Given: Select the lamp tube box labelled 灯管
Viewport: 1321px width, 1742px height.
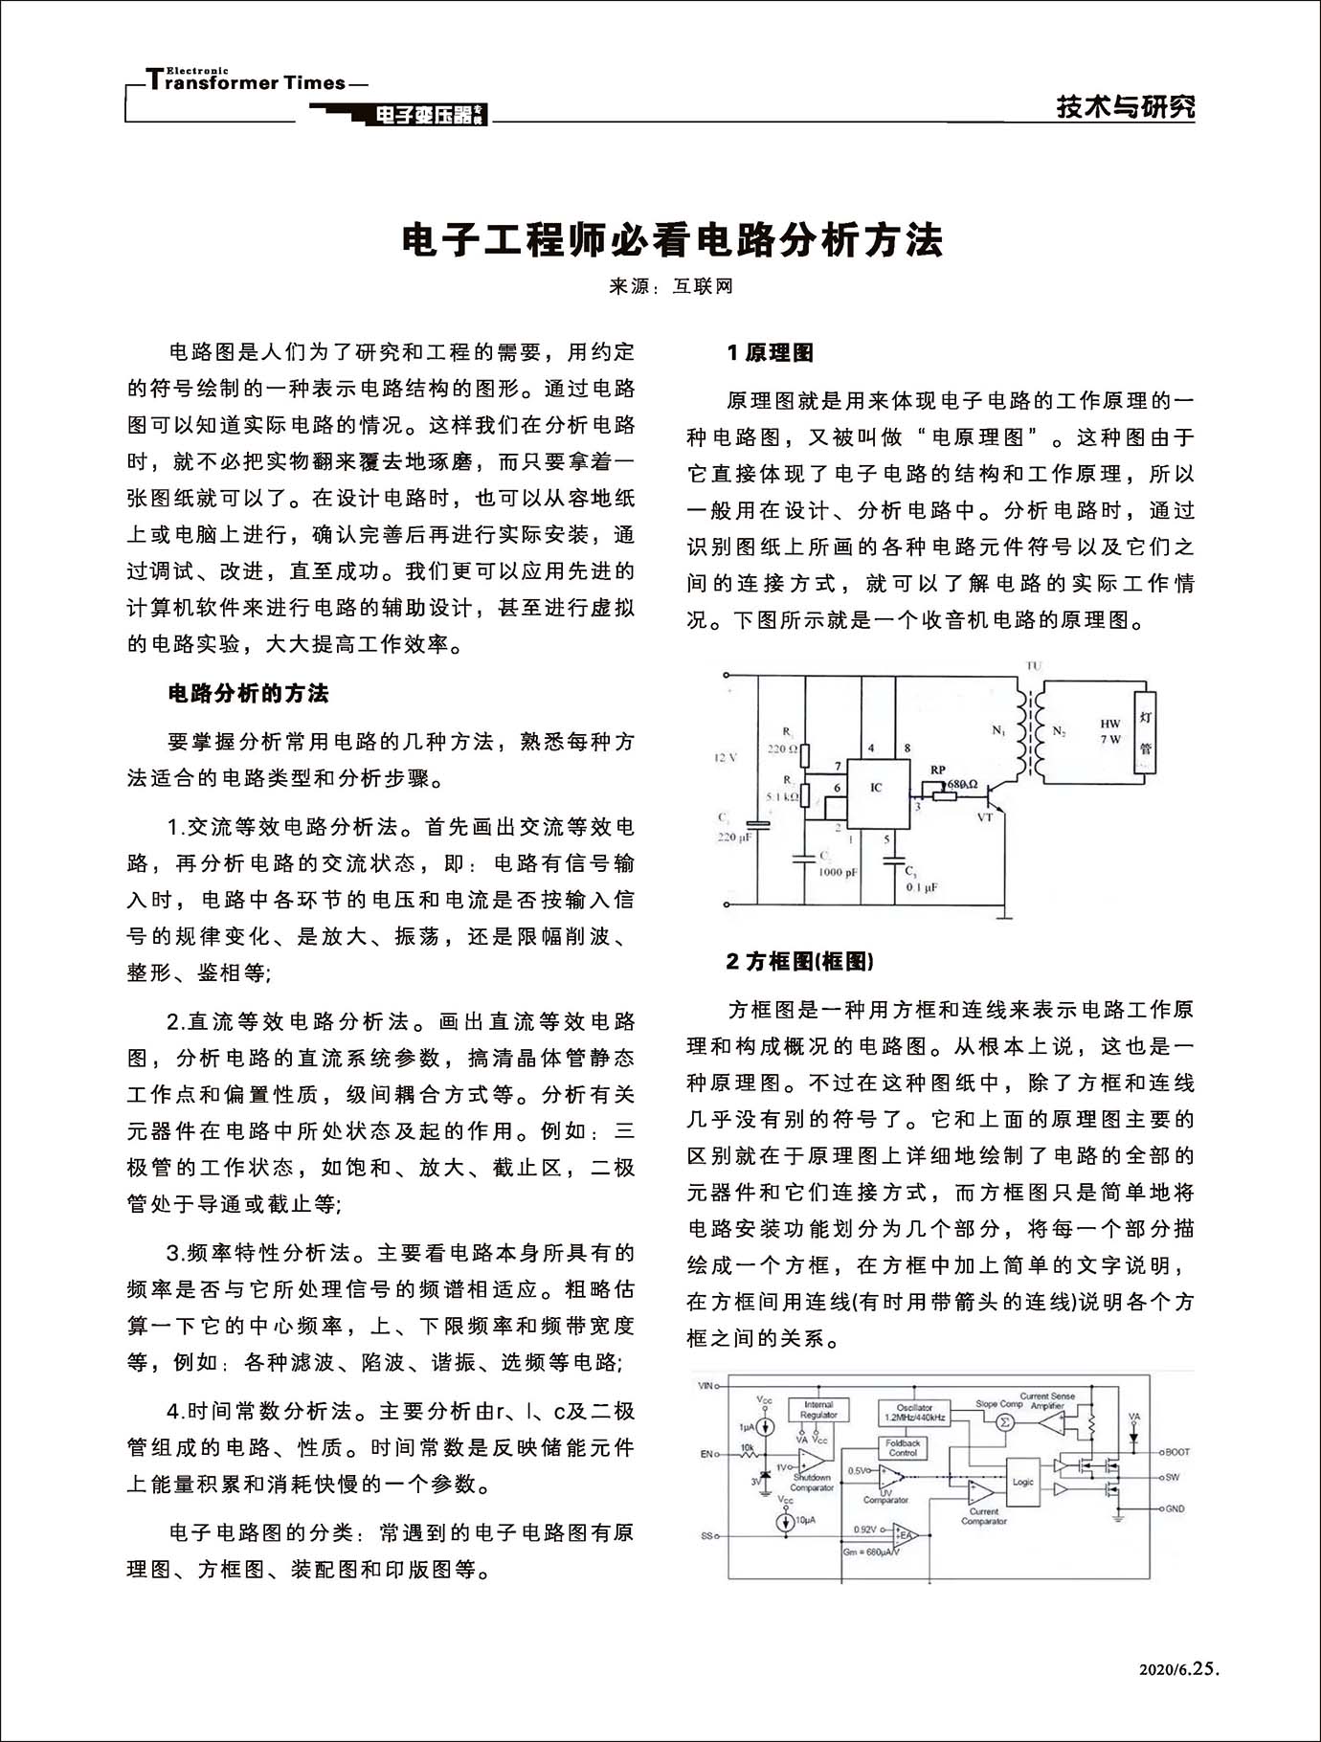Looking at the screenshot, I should pos(1145,731).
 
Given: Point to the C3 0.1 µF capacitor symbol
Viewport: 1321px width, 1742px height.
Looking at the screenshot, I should pos(894,865).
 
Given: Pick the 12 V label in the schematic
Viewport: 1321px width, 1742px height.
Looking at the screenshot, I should pos(726,758).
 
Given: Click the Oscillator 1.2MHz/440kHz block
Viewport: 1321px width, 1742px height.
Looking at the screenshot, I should pos(915,1412).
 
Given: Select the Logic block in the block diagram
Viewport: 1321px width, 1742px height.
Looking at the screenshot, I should pos(1023,1483).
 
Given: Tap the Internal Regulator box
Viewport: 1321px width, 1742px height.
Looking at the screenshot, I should pos(818,1410).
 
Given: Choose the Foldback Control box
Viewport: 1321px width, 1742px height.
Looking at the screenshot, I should pos(903,1447).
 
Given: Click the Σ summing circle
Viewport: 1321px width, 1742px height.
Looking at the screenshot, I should pos(1005,1422).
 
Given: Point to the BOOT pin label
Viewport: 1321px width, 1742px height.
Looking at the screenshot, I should pos(1176,1452).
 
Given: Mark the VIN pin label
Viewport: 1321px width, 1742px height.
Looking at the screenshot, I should pos(707,1385).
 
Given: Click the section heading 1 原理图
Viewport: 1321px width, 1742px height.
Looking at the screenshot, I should pos(770,353).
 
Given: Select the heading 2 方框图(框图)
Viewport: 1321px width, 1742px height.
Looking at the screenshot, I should pos(799,961).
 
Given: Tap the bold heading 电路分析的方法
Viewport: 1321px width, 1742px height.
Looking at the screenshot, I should pos(248,694).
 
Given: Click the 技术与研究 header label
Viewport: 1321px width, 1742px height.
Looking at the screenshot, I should pos(1126,107).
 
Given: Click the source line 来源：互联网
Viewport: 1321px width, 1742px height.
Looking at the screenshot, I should pos(671,286).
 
